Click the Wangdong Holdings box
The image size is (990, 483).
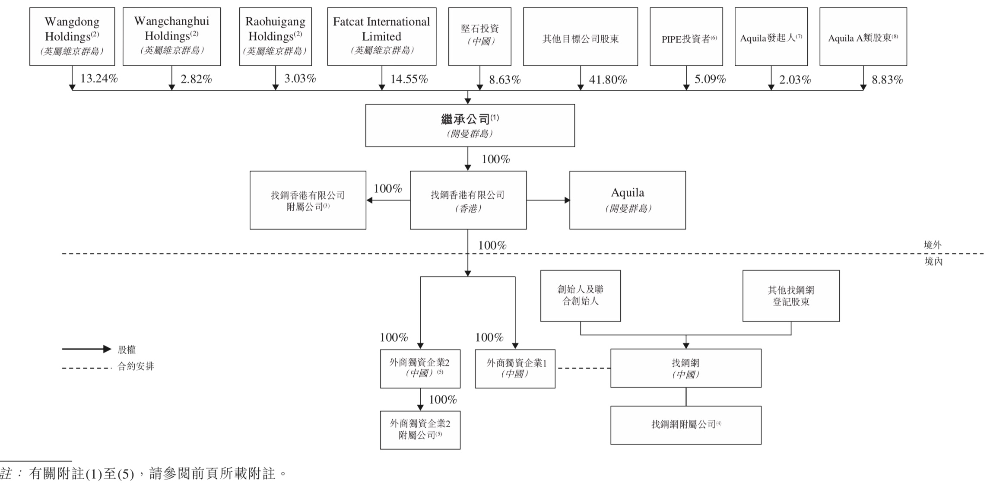tap(72, 36)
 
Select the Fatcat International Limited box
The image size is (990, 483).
tap(381, 36)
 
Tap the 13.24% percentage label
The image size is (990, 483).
tap(99, 79)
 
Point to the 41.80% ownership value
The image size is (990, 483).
tap(608, 79)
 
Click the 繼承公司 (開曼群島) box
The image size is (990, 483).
tap(470, 125)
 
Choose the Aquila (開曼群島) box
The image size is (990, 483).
tap(627, 200)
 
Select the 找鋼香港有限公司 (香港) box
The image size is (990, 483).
tap(468, 200)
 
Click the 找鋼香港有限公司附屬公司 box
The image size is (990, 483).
tap(308, 200)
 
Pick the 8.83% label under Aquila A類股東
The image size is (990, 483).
tap(887, 79)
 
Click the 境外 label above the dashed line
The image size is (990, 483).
tap(932, 245)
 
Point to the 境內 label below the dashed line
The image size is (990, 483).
tap(933, 261)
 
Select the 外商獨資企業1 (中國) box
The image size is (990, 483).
tap(515, 369)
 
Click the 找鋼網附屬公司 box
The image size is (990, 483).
tap(685, 425)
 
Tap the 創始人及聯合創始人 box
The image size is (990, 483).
tap(580, 296)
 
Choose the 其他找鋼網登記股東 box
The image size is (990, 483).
tap(790, 296)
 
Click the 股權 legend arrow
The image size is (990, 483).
tap(86, 349)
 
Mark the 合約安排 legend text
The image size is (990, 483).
tap(136, 367)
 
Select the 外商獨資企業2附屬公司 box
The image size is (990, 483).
tap(420, 430)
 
